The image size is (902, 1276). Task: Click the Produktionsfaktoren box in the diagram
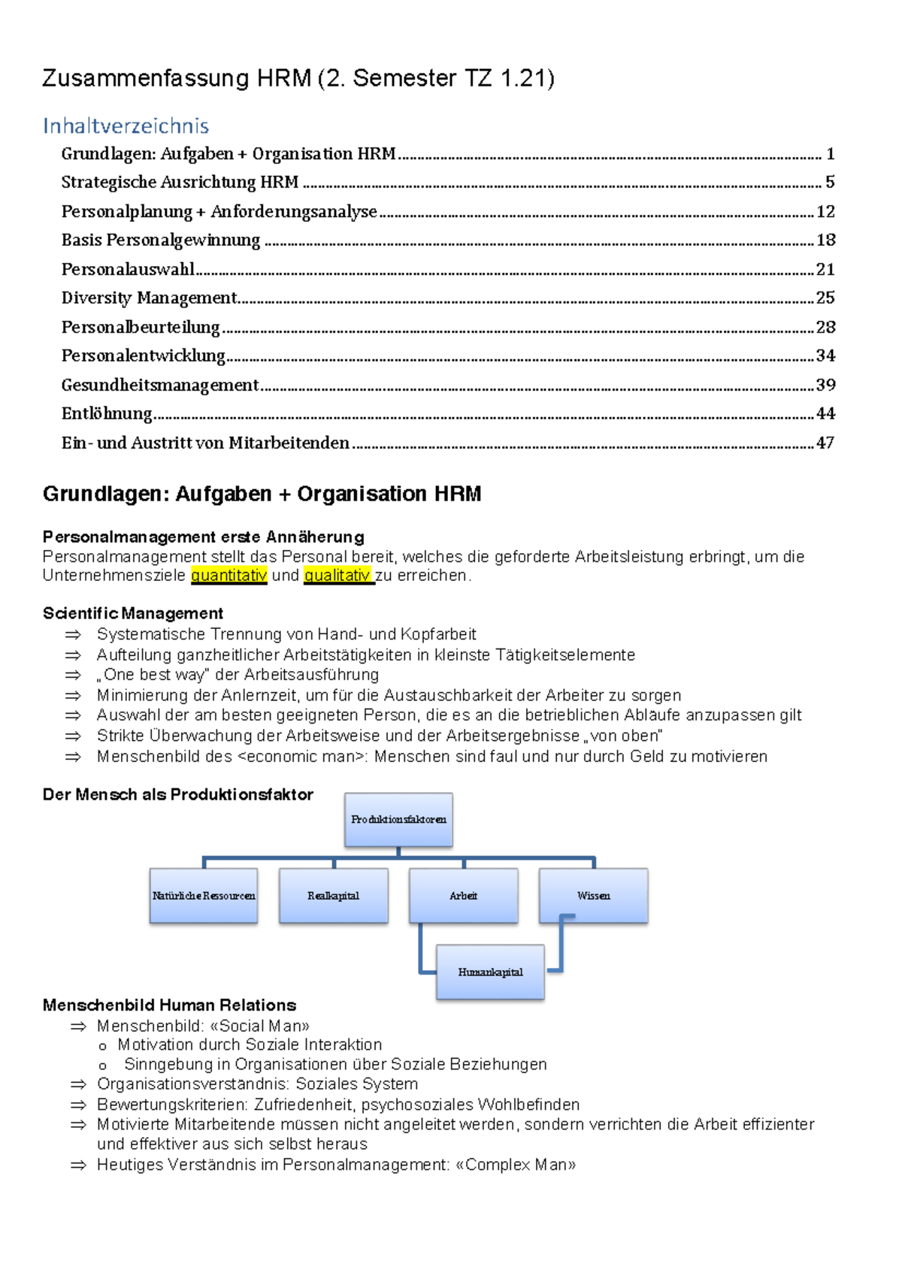398,820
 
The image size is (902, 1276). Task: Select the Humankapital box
490,972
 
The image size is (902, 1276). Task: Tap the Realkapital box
333,896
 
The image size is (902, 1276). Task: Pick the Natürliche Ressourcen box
204,896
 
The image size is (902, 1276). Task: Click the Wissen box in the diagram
593,896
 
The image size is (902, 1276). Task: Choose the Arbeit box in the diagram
463,896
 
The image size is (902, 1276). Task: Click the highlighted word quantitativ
229,576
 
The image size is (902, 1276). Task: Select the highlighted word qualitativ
337,576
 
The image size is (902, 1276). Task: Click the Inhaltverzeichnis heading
126,125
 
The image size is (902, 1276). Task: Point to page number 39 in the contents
825,385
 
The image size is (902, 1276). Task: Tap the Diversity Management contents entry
149,298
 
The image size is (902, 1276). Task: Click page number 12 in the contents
825,212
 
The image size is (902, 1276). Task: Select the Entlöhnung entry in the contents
107,414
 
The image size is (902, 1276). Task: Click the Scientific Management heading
133,613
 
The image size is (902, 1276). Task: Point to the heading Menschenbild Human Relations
169,1005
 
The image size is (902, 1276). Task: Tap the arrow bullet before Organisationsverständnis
78,1084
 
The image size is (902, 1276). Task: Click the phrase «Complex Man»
516,1165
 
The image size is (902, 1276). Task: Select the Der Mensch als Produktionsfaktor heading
177,795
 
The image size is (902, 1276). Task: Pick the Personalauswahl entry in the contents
128,269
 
